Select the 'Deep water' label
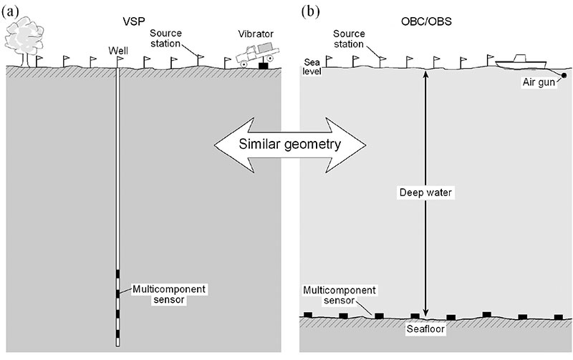(426, 193)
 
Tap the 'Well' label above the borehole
(118, 50)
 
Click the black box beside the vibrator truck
(263, 66)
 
